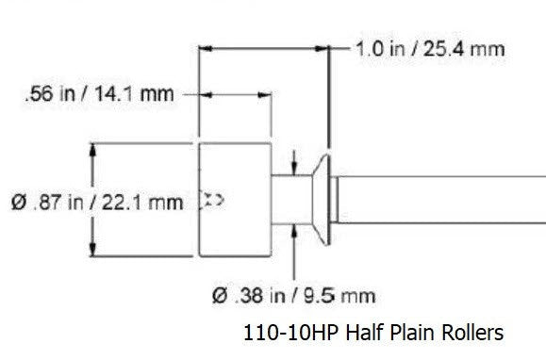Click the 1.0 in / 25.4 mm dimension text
tap(429, 48)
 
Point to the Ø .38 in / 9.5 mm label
tap(293, 297)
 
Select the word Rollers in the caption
tap(471, 333)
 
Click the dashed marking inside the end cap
tap(212, 199)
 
